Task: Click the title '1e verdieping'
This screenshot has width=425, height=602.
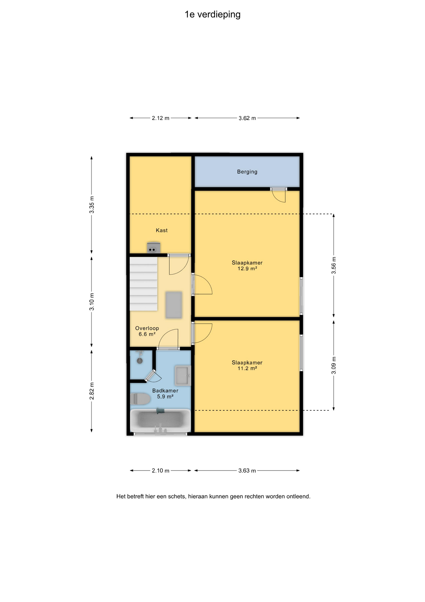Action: click(x=212, y=15)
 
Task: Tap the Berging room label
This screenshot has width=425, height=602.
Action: click(x=247, y=172)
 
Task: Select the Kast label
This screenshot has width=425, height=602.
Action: click(x=162, y=230)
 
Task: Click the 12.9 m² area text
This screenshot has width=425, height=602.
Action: click(x=247, y=269)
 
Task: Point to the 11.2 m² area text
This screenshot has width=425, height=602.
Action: click(x=247, y=368)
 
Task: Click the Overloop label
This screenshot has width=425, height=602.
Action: click(x=147, y=328)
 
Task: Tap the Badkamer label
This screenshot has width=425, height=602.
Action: click(x=165, y=391)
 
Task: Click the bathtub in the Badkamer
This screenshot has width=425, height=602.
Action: click(x=160, y=420)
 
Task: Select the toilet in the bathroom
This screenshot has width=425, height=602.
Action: click(x=140, y=399)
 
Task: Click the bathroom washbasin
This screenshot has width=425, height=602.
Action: click(x=183, y=375)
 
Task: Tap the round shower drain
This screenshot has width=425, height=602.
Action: click(x=140, y=361)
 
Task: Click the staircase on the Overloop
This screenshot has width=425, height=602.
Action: click(x=144, y=284)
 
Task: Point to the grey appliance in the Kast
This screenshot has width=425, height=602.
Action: click(x=154, y=248)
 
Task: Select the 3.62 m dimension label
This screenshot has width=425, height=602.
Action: click(x=247, y=118)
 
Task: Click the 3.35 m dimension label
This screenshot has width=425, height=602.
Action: click(x=92, y=205)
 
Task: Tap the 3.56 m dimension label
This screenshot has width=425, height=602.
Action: click(x=334, y=265)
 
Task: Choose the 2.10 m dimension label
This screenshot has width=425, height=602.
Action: click(x=161, y=471)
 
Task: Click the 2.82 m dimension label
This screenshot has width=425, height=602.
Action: click(x=92, y=391)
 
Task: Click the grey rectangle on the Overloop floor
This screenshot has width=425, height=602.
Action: click(x=174, y=305)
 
